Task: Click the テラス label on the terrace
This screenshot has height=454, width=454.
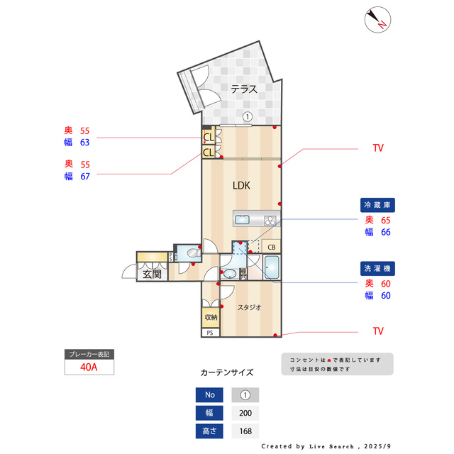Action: [243, 89]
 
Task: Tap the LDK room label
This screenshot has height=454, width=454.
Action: [243, 185]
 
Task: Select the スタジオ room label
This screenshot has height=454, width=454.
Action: [249, 307]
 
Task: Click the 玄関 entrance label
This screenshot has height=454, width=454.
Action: [152, 274]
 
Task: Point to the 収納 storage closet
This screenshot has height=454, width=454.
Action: [211, 317]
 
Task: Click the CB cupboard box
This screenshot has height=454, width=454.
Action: [270, 247]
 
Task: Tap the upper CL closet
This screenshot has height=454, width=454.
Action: [209, 137]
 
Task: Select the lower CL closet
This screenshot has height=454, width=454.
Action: [209, 153]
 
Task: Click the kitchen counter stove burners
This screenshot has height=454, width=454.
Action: [270, 218]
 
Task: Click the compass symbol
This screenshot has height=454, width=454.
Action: [378, 20]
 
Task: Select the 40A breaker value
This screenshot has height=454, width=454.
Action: [89, 367]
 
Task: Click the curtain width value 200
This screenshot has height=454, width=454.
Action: [245, 413]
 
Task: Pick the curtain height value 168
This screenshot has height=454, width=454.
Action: [245, 431]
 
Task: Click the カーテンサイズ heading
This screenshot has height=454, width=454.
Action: [227, 372]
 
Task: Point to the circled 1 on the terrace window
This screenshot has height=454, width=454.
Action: [247, 117]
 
